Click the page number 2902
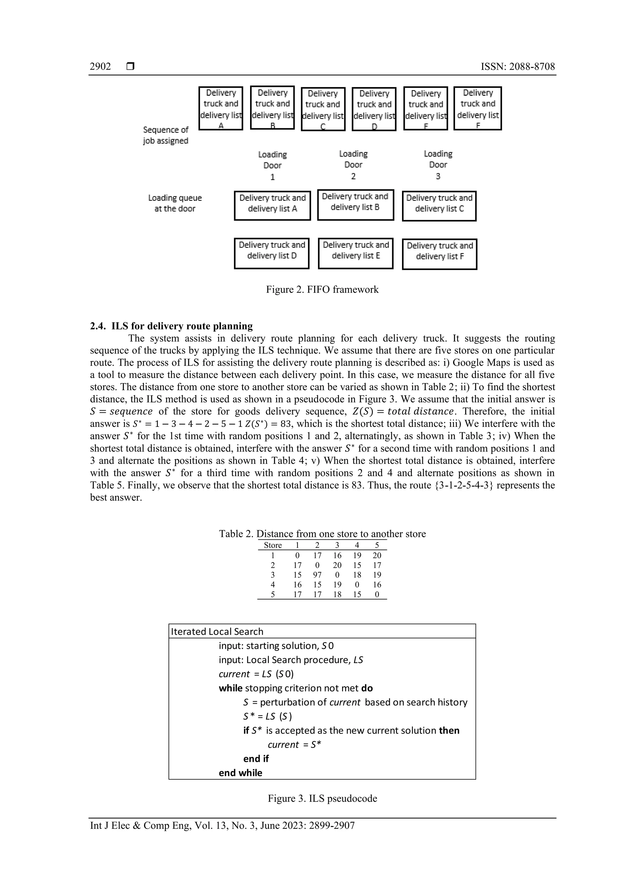(100, 66)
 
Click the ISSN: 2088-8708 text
(517, 66)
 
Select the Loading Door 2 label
(353, 165)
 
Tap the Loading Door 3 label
(438, 165)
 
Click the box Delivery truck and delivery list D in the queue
(272, 253)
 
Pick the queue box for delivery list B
(355, 205)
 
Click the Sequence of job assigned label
(166, 135)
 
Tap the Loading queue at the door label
(175, 203)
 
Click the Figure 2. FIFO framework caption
(322, 289)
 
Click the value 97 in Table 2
(317, 575)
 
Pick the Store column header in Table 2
(273, 545)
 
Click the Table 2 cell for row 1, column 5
(377, 555)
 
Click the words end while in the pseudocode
(240, 773)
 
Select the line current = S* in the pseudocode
(294, 744)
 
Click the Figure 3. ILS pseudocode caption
(322, 798)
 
